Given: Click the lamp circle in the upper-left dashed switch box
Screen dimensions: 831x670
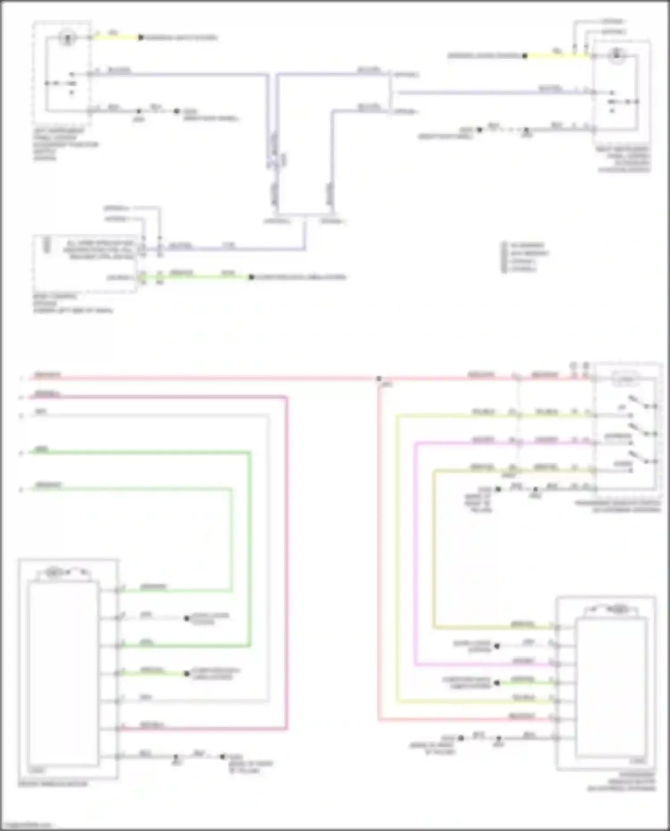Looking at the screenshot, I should click(x=67, y=38).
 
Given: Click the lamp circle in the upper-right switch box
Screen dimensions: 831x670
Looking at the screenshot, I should click(x=616, y=56).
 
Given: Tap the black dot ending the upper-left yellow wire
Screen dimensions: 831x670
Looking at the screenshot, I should click(x=140, y=38).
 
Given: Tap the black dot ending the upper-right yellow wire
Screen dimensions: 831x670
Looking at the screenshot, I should click(x=525, y=56).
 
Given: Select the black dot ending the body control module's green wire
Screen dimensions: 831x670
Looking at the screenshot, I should click(x=251, y=277).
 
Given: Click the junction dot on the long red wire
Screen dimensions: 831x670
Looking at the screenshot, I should click(x=379, y=379).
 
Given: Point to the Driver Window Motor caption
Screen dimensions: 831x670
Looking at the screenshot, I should click(x=53, y=784).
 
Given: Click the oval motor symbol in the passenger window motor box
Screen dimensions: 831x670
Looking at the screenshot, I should click(x=619, y=609).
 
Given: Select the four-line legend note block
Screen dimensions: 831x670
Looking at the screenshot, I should click(x=526, y=257).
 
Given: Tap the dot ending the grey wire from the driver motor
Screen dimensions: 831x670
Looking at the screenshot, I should click(x=187, y=618).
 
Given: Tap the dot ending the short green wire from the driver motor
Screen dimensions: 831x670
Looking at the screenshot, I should click(x=187, y=673).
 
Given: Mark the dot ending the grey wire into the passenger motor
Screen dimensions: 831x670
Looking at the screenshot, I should click(x=497, y=646).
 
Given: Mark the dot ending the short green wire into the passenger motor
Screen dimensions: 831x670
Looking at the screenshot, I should click(x=497, y=683).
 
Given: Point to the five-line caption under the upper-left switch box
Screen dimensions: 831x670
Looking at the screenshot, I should click(x=65, y=145).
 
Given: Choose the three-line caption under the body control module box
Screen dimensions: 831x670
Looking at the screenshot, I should click(x=72, y=304).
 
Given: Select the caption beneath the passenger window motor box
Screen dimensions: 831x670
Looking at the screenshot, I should click(x=622, y=782).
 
